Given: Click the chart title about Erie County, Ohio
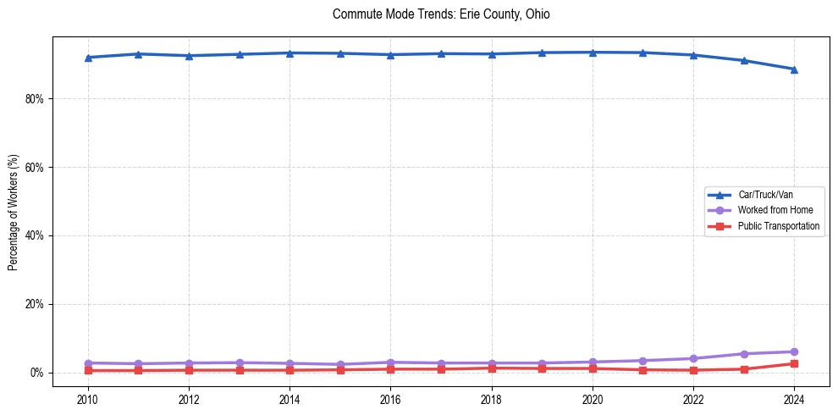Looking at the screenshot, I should point(441,14).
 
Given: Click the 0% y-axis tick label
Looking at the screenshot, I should point(36,373).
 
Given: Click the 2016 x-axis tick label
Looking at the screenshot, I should point(390,399).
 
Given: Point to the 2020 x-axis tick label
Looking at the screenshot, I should point(593,399).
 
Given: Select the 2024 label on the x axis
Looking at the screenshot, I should point(794,399).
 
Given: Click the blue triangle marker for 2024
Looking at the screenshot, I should point(794,69).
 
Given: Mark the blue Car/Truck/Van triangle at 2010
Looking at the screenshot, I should point(88,58).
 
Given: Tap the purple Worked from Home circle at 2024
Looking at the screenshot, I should point(794,351).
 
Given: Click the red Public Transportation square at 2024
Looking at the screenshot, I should point(794,363).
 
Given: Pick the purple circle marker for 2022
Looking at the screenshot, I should point(693,358).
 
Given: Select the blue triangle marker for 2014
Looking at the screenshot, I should point(289,53).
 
